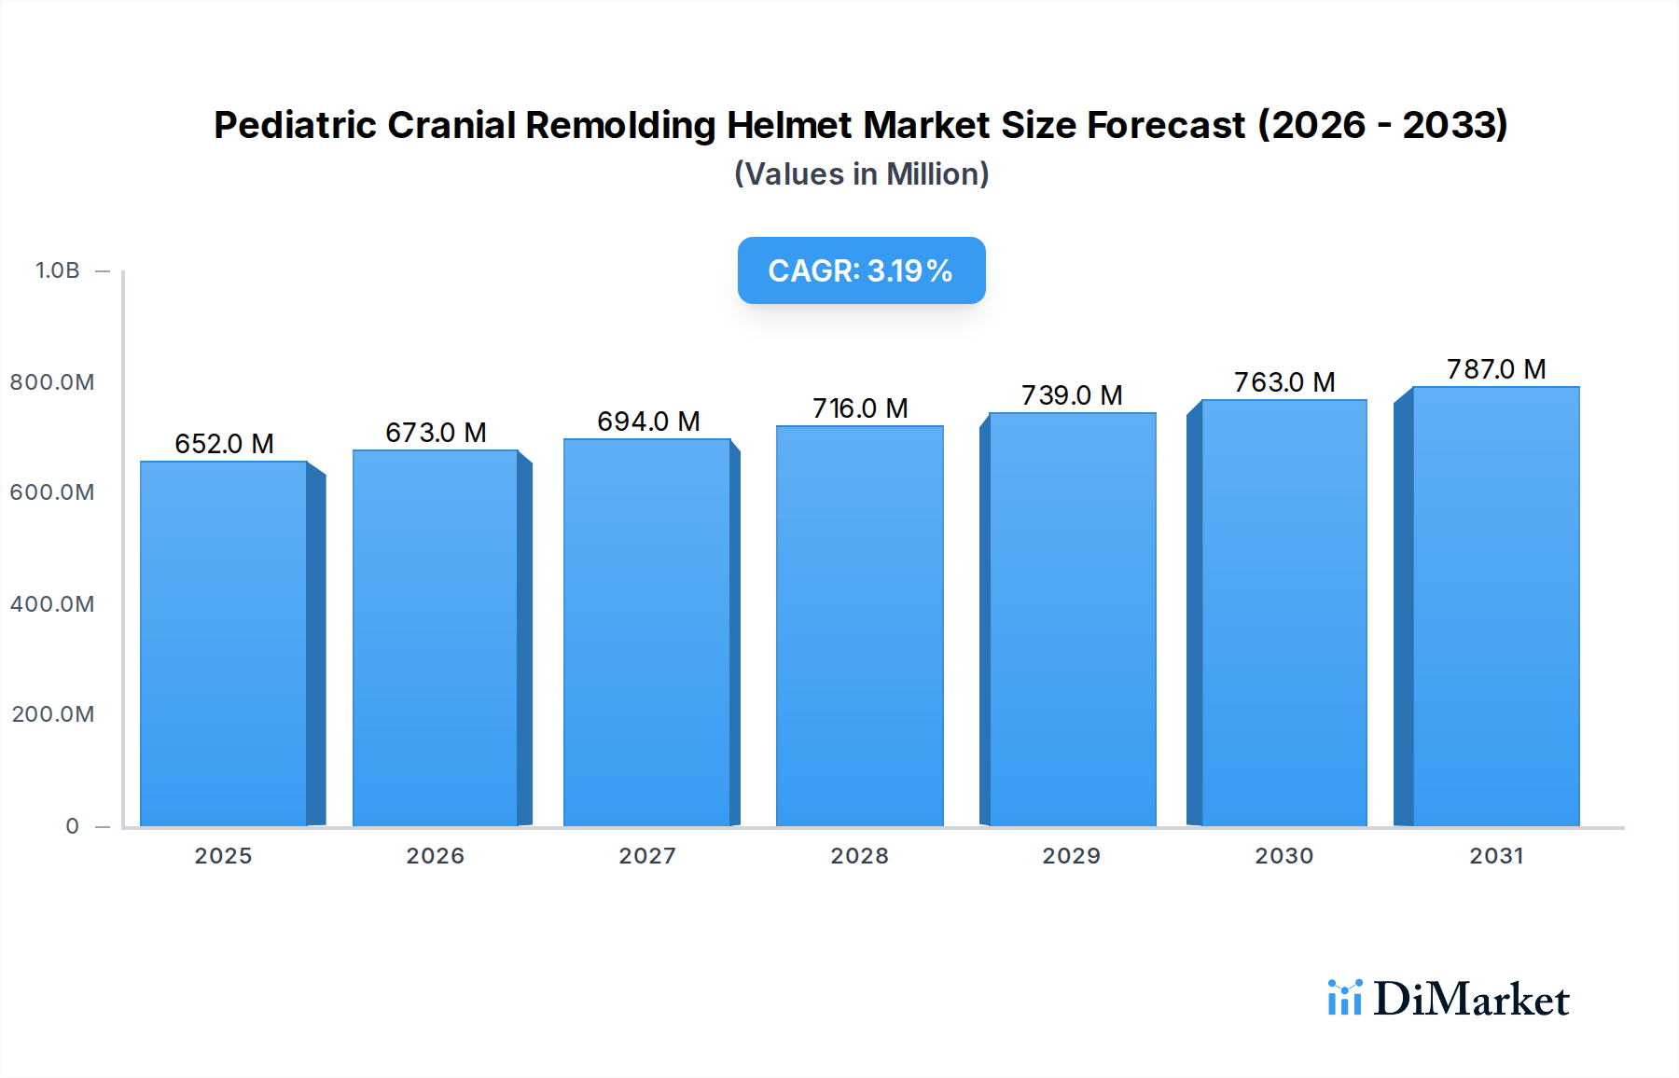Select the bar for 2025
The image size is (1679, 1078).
point(224,643)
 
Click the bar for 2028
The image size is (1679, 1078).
point(859,626)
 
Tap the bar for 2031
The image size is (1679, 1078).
point(1495,606)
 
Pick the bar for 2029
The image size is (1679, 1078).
point(1072,619)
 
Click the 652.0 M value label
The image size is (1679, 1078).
point(224,444)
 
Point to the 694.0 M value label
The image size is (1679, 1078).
point(648,422)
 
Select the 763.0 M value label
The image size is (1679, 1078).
point(1284,382)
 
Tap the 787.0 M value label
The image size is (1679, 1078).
point(1496,369)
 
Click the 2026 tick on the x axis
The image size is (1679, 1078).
point(435,856)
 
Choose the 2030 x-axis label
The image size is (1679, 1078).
point(1284,856)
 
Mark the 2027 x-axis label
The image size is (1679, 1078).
point(647,856)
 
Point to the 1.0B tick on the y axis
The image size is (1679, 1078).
point(58,270)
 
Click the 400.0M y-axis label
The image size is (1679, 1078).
point(52,604)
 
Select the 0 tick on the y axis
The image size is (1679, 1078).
point(73,826)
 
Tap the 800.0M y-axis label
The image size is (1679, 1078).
point(52,382)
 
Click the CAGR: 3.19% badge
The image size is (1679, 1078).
point(861,270)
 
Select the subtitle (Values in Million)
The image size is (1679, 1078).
point(861,174)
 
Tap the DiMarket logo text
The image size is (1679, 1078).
point(1471,999)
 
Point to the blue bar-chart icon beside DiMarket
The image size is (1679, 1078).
point(1344,998)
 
